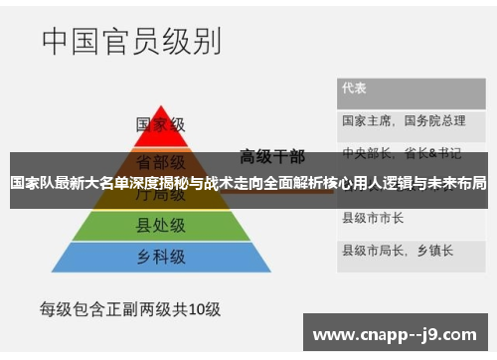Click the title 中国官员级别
[131, 42]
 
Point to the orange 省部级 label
[161, 160]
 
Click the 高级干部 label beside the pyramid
[272, 155]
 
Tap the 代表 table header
[354, 88]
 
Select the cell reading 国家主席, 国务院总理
[404, 120]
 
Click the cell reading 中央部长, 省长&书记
[402, 153]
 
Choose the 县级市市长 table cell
[373, 217]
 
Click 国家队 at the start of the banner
[29, 184]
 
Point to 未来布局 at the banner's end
[461, 184]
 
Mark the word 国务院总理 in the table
[435, 120]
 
